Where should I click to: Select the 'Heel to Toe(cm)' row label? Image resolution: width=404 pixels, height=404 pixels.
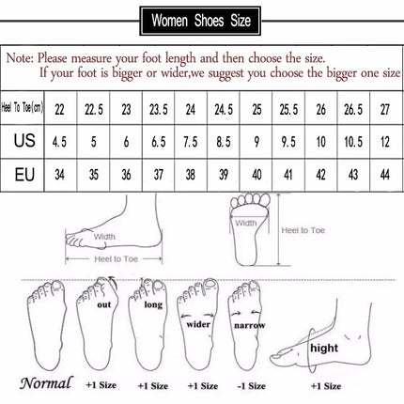23,109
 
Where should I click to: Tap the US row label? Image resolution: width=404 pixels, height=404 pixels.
23,142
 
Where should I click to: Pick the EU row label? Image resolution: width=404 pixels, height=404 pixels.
23,175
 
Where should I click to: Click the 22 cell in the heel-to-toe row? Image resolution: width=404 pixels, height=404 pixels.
60,109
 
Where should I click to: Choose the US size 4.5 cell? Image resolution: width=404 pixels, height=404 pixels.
60,142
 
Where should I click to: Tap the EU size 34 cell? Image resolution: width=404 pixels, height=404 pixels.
60,175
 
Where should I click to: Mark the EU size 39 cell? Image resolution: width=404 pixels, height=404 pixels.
222,175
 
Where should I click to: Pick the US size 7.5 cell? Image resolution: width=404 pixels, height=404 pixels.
189,142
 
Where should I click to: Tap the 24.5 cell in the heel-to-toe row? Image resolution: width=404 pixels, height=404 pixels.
222,109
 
